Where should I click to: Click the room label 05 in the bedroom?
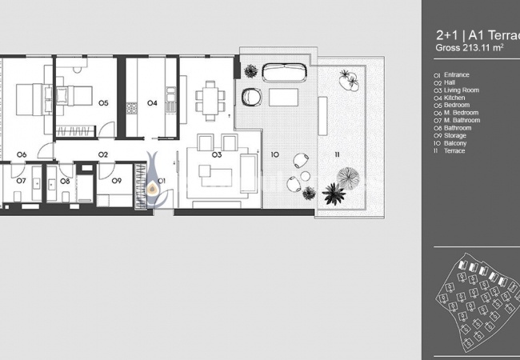103,103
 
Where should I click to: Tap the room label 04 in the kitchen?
152,103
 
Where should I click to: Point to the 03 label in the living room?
217,154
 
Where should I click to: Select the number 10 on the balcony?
274,154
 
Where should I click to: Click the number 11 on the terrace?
337,154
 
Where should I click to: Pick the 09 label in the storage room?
117,181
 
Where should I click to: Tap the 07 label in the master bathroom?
22,181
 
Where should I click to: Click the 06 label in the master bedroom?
22,154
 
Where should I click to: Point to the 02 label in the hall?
103,154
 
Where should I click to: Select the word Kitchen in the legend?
454,98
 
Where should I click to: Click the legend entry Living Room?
462,90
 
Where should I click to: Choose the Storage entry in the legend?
455,135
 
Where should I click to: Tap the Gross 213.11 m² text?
470,47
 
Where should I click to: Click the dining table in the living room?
210,101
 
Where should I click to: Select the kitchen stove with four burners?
131,108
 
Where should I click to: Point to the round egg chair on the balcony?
251,97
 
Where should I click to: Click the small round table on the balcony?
305,176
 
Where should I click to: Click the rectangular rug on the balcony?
283,97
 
